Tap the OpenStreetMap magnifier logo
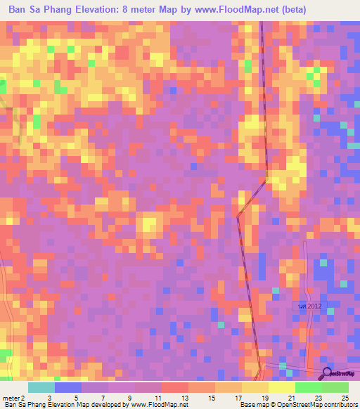[328, 373]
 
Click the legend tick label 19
[264, 398]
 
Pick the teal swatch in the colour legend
[41, 387]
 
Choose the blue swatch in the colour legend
[68, 387]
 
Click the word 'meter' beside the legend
[12, 398]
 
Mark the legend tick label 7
[103, 398]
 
